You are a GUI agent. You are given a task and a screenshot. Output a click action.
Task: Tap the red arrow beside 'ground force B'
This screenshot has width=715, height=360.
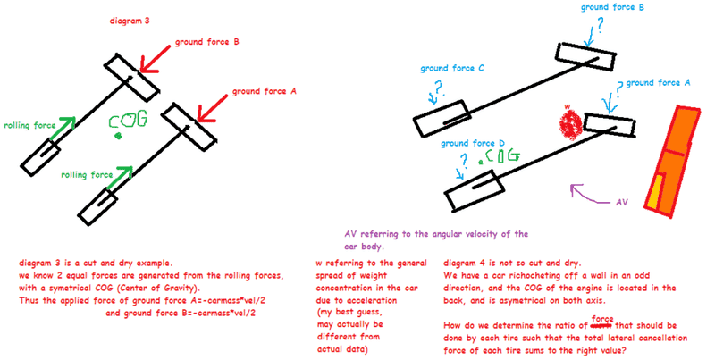pos(166,61)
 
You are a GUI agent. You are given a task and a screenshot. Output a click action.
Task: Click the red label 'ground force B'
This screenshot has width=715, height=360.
pos(207,41)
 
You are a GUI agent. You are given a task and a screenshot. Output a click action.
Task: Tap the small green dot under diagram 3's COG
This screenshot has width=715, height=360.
pos(117,137)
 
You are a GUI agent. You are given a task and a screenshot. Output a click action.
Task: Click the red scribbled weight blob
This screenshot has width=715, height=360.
pos(569,124)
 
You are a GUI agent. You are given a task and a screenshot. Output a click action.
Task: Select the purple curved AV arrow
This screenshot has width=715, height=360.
pos(586,192)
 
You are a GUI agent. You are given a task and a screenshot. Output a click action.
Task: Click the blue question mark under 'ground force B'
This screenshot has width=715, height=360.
pos(587,26)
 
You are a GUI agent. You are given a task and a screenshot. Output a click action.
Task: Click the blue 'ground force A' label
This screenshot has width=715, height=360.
pos(658,82)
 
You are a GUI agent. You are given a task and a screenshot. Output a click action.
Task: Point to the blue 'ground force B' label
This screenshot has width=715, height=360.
pos(613,7)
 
